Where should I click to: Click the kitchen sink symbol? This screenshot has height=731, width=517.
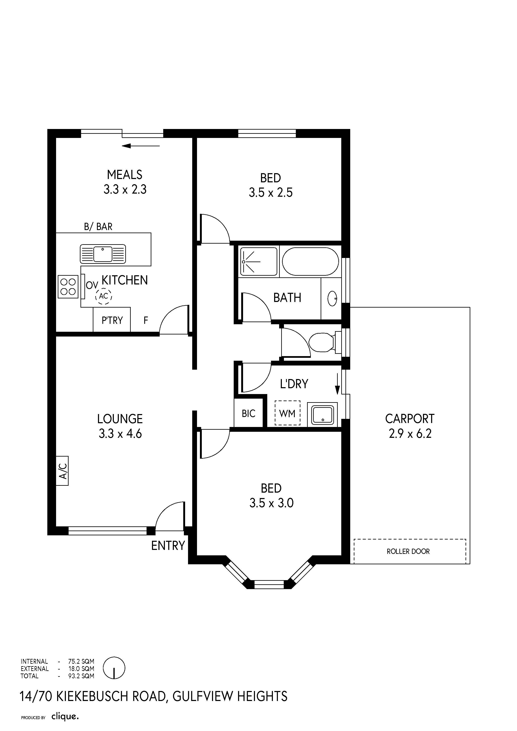[x=103, y=254]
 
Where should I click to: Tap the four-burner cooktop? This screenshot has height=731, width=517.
[x=68, y=287]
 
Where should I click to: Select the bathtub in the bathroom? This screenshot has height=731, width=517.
[x=310, y=261]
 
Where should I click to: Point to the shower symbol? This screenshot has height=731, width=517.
[x=259, y=261]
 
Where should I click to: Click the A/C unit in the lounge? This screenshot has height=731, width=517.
[x=62, y=471]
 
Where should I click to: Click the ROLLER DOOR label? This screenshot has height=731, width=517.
[x=408, y=551]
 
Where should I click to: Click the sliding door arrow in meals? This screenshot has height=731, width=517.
[x=141, y=146]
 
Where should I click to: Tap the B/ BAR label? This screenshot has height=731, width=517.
[x=98, y=227]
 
